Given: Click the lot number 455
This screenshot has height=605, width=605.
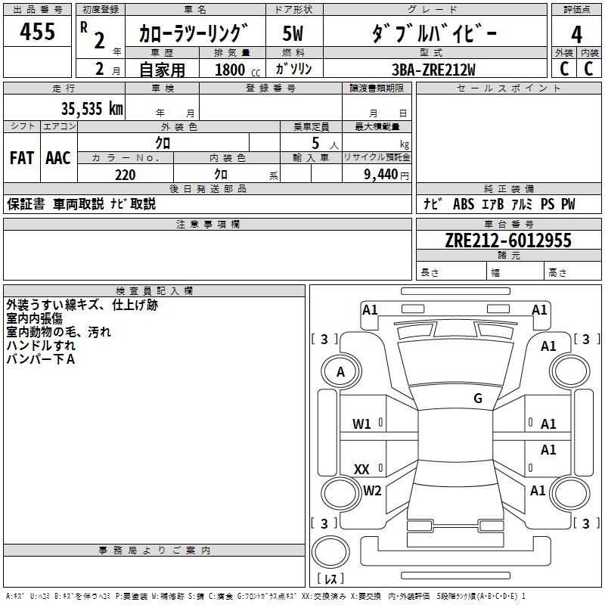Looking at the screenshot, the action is point(37,32).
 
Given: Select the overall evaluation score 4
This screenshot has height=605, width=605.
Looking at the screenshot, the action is point(576,34).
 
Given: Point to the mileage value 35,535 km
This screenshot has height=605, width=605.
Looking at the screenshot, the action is point(92,109).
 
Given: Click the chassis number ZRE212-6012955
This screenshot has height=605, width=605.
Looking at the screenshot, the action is point(507,240).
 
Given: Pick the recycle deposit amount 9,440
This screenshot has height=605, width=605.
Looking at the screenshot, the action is point(377,175).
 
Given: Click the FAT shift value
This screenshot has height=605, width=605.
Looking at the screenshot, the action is point(21,157).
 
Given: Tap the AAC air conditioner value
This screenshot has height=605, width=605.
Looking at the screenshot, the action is point(57,157).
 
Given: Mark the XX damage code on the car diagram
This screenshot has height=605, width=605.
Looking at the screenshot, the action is point(361,470).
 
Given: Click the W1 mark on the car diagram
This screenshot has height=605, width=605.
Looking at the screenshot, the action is point(361,424).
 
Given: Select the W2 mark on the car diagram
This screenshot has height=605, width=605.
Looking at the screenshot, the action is point(372,491).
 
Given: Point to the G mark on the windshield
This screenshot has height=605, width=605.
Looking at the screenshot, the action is point(478,399).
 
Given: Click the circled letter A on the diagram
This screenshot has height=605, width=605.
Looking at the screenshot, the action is point(340,372).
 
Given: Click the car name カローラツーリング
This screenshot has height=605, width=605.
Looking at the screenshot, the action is point(194,33).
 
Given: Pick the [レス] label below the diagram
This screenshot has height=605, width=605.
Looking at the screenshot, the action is point(332,579).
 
